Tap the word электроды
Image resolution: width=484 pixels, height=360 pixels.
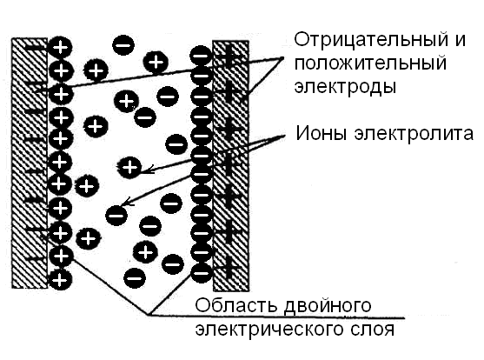click(345, 86)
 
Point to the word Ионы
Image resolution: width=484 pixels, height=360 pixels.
click(322, 134)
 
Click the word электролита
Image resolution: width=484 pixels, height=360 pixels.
click(414, 134)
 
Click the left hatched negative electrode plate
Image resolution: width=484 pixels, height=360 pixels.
click(30, 163)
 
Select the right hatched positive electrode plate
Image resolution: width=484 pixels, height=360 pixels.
click(231, 165)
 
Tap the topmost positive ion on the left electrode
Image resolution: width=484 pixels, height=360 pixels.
click(61, 48)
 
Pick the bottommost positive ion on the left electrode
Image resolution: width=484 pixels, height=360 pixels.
click(61, 280)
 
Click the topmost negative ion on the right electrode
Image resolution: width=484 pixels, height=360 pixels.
click(202, 57)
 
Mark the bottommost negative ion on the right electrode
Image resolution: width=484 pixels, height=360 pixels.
click(202, 272)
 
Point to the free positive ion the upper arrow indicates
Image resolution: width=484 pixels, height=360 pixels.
click(130, 167)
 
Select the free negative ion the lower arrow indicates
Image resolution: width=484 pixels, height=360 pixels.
click(116, 216)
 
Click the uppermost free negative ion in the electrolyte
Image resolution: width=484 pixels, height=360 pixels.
click(123, 45)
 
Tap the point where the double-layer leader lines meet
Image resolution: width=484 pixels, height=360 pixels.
click(149, 315)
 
